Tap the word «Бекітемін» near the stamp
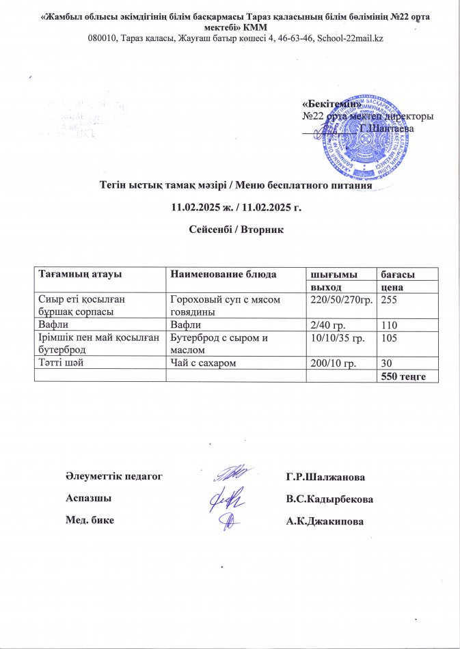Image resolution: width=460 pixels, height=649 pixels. tap(331, 103)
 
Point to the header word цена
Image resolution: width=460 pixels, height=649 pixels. tap(391, 288)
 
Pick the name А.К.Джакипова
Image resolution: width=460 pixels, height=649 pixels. tap(325, 523)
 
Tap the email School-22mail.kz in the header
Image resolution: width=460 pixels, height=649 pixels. tap(347, 38)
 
